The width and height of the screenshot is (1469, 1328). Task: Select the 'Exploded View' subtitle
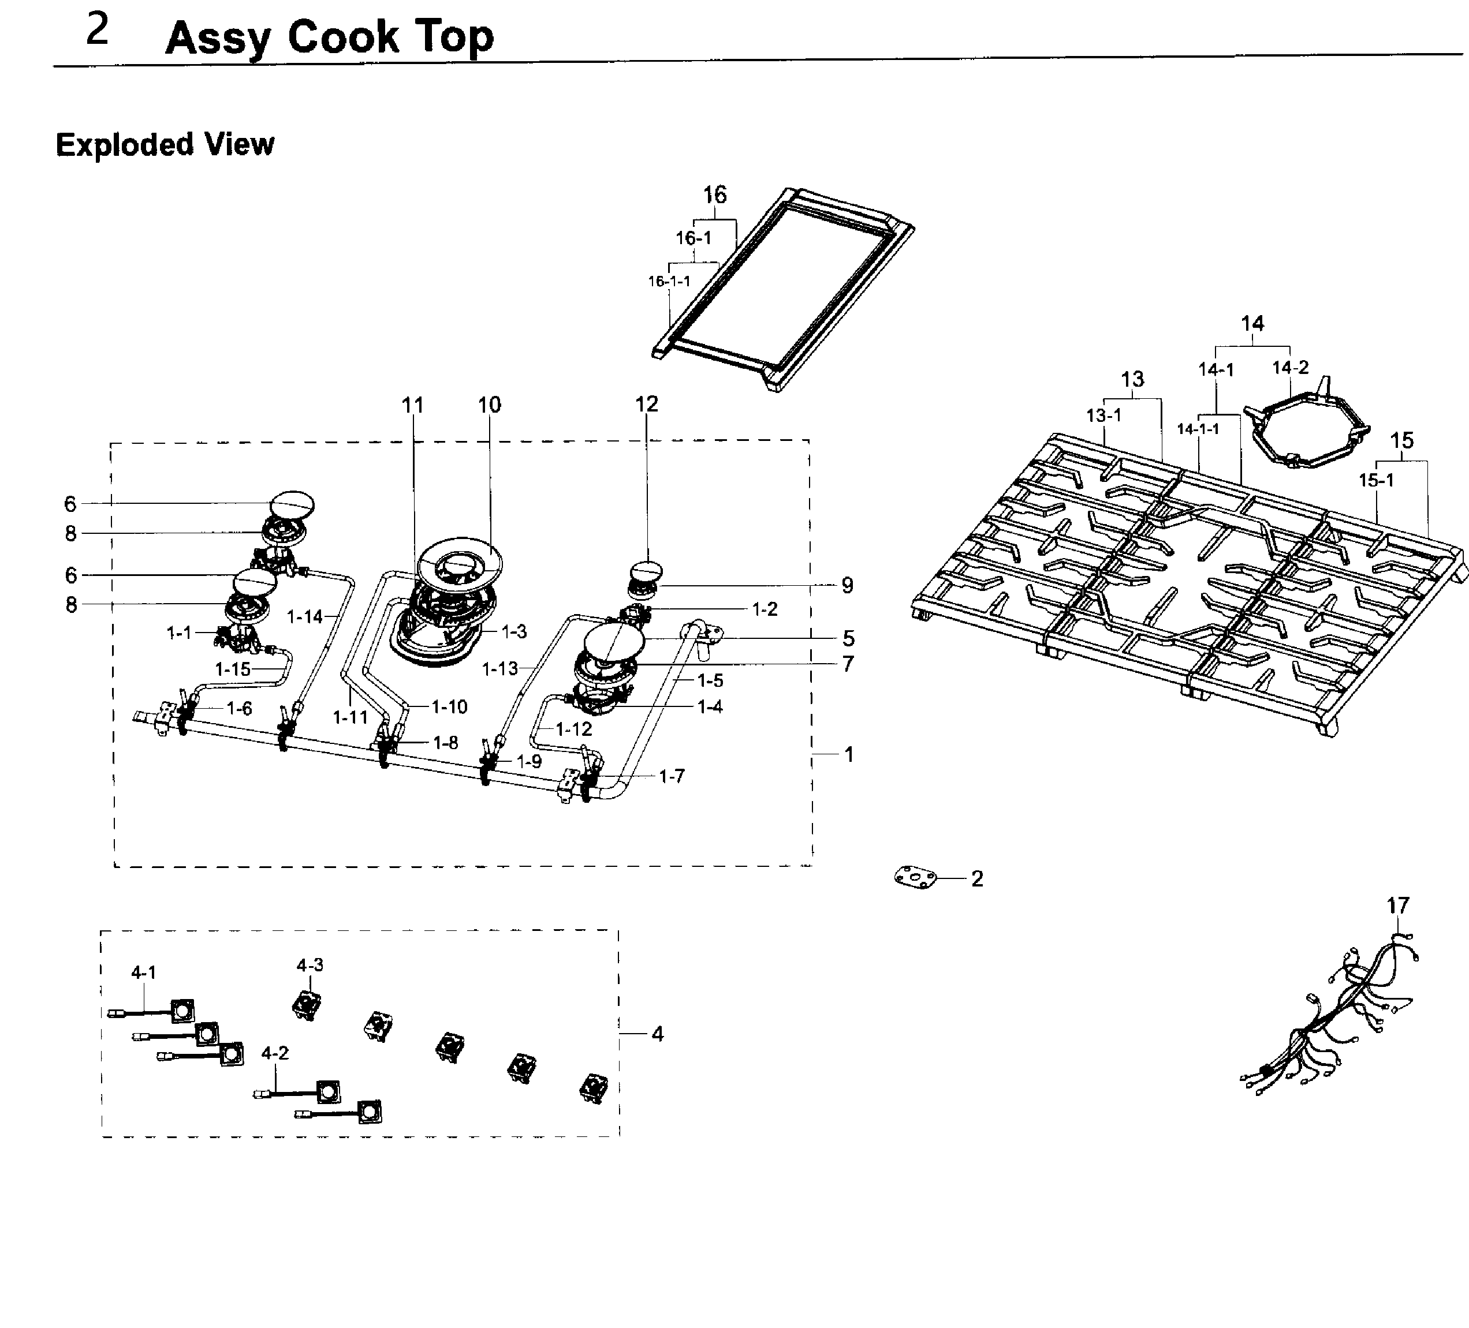click(x=165, y=144)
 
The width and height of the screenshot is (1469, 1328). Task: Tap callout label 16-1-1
click(x=668, y=281)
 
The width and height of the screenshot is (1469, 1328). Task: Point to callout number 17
click(x=1397, y=906)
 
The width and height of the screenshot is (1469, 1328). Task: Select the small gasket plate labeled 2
click(x=915, y=877)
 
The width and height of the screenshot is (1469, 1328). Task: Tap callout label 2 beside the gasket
click(x=977, y=878)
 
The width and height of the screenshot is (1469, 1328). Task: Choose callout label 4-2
click(x=275, y=1053)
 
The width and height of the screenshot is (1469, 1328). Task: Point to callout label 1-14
click(x=304, y=617)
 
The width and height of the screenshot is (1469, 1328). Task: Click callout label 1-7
click(x=671, y=777)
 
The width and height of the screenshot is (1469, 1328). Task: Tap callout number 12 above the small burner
click(x=646, y=405)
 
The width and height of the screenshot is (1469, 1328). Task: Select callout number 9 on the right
click(x=847, y=585)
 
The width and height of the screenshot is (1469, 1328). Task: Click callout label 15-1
click(x=1375, y=480)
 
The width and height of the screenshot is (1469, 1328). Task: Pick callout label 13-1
click(x=1103, y=415)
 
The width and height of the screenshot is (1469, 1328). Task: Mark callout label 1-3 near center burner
click(x=514, y=631)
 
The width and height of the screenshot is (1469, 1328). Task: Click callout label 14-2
click(x=1290, y=368)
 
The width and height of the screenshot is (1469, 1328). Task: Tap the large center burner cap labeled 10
click(x=461, y=562)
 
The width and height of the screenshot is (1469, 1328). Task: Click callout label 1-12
click(x=573, y=729)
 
